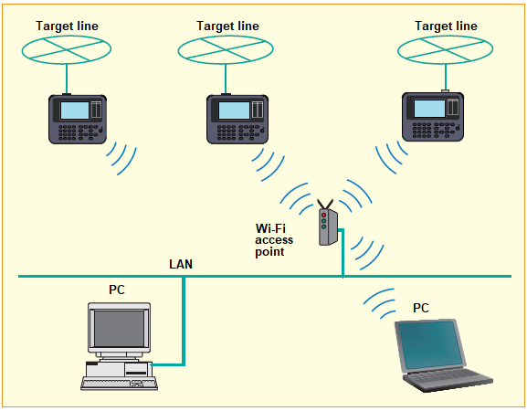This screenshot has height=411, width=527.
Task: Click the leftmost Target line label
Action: (67, 26)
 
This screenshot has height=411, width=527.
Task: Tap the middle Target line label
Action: (227, 26)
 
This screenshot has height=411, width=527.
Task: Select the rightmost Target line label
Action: (446, 26)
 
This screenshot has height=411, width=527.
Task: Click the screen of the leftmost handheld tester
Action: (75, 111)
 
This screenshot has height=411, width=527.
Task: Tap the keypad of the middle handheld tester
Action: (240, 132)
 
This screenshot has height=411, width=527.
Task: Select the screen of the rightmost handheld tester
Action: (429, 108)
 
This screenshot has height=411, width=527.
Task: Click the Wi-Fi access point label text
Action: (274, 240)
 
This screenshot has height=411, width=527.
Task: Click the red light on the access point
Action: (323, 215)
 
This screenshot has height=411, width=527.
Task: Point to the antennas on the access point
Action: (325, 205)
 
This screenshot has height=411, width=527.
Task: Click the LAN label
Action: (181, 264)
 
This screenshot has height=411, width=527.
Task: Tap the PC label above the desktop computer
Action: (117, 290)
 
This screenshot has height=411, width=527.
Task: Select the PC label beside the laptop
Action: (421, 308)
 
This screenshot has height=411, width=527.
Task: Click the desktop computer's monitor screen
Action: (119, 329)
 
